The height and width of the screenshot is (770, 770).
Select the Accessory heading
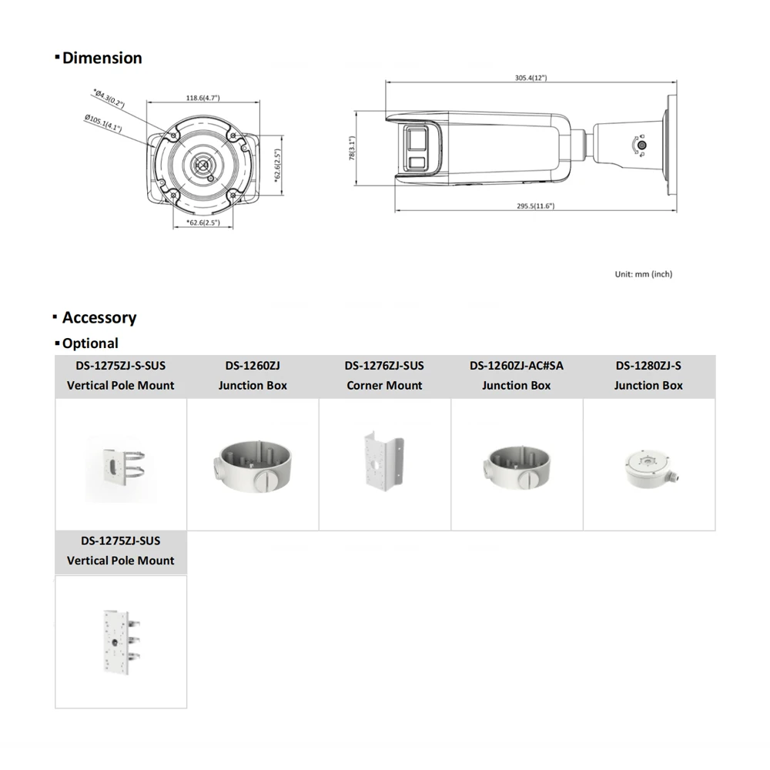point(99,317)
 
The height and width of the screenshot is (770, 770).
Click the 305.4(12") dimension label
point(531,78)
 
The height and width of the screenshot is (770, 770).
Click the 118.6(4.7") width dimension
point(203,98)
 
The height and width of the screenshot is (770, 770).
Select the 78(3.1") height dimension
point(351,149)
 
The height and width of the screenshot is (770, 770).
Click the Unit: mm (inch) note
point(643,274)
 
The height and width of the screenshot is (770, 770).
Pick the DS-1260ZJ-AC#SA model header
point(517,366)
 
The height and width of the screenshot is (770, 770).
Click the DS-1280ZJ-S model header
point(648,366)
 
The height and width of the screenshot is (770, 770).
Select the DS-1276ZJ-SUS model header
point(384,366)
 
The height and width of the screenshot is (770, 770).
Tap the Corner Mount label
point(384,385)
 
